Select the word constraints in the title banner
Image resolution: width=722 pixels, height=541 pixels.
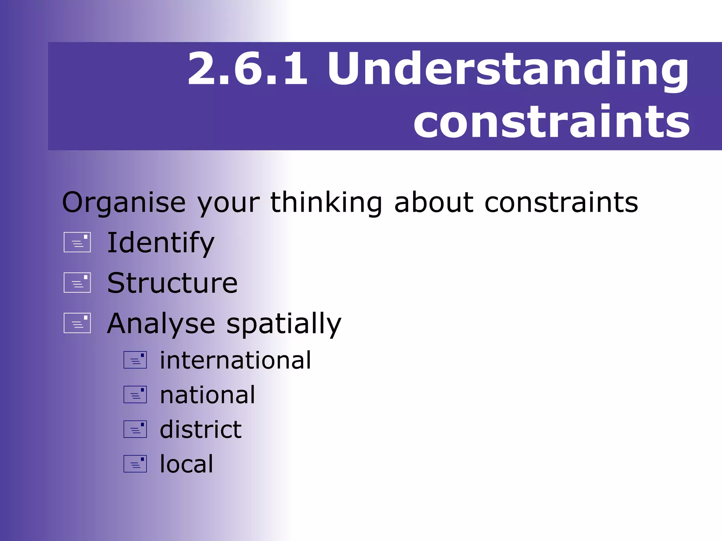[x=551, y=122]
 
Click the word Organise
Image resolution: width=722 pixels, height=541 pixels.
[x=124, y=203]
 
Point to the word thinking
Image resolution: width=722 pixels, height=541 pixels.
[x=326, y=203]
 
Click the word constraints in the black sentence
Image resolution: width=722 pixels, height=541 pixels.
[x=561, y=203]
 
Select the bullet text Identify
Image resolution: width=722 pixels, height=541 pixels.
[x=161, y=243]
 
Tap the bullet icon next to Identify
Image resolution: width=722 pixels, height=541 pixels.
[x=77, y=242]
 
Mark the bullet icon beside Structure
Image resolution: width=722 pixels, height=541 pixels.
[x=77, y=282]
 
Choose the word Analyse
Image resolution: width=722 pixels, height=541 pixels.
[x=161, y=324]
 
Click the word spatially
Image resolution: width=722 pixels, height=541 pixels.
[x=284, y=324]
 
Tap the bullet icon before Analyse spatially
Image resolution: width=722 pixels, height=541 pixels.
[x=77, y=323]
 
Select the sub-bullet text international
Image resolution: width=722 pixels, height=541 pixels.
[x=235, y=360]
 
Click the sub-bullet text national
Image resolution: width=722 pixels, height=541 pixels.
[x=207, y=395]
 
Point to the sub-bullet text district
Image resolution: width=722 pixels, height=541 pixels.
[x=201, y=429]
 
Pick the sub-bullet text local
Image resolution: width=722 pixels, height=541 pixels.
[x=186, y=464]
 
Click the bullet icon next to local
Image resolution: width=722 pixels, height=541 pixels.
[x=135, y=464]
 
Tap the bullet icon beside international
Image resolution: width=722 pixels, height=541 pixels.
[x=135, y=360]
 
